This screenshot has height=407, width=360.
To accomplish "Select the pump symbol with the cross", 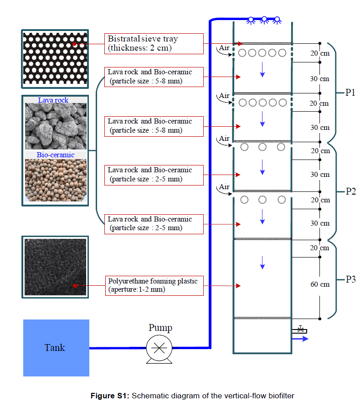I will [159, 349].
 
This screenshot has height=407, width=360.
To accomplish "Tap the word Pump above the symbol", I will [160, 328].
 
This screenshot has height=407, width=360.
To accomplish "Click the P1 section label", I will [350, 93].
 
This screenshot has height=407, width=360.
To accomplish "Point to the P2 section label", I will [350, 191].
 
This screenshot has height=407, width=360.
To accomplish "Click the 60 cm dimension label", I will [320, 284].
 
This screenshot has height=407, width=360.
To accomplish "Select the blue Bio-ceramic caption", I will [55, 155].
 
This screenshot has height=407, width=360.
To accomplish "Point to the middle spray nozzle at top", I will [263, 20].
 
